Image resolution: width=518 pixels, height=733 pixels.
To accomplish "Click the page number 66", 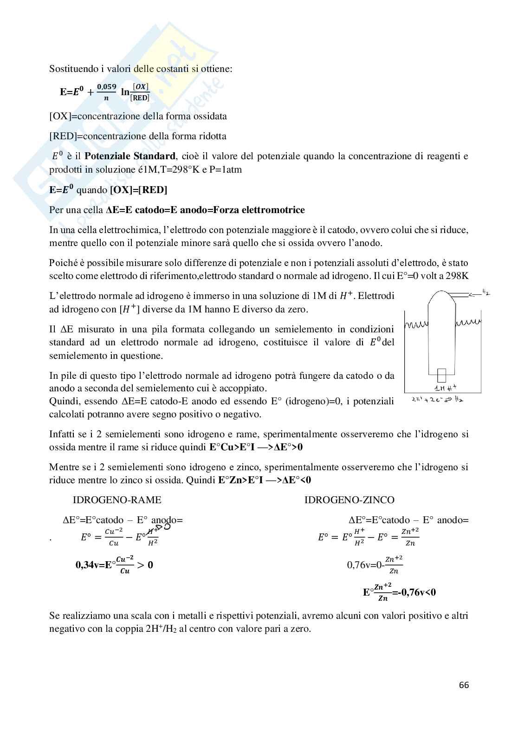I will pyautogui.click(x=464, y=685).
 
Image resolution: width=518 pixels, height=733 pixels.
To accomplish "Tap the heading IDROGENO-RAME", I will pyautogui.click(x=117, y=500).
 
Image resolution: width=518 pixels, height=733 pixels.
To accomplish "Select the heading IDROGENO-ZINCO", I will pyautogui.click(x=349, y=500).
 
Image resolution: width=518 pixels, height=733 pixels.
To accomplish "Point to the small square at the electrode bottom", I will pyautogui.click(x=441, y=374).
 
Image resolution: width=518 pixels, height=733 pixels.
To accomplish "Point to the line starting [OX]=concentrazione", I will pyautogui.click(x=138, y=116).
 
